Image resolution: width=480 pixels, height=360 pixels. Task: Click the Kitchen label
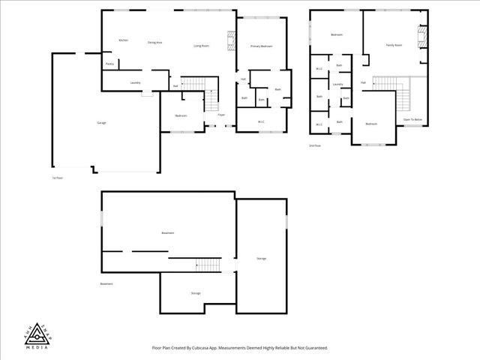(123, 40)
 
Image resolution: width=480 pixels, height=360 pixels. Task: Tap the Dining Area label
(155, 43)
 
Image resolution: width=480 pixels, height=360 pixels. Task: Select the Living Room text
(201, 46)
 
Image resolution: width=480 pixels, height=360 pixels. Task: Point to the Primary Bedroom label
(261, 46)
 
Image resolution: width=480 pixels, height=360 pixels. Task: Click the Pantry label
(109, 64)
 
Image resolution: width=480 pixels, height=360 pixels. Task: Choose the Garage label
(101, 122)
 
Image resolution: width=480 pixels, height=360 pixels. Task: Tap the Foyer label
(221, 115)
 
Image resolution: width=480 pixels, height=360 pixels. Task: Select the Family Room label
(394, 45)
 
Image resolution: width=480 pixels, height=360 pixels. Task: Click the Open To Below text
(412, 119)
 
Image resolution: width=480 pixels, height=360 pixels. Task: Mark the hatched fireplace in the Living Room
(231, 40)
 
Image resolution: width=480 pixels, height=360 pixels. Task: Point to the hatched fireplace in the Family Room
(421, 37)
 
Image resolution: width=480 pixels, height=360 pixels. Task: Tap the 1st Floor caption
(57, 178)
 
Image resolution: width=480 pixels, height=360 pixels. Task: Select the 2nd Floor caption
(315, 145)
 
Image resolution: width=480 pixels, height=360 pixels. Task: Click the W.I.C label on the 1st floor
(261, 121)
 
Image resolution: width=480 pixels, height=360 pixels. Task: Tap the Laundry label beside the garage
(135, 82)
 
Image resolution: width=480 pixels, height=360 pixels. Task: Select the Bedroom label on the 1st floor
(181, 115)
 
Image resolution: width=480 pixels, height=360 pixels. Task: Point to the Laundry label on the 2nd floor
(337, 85)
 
